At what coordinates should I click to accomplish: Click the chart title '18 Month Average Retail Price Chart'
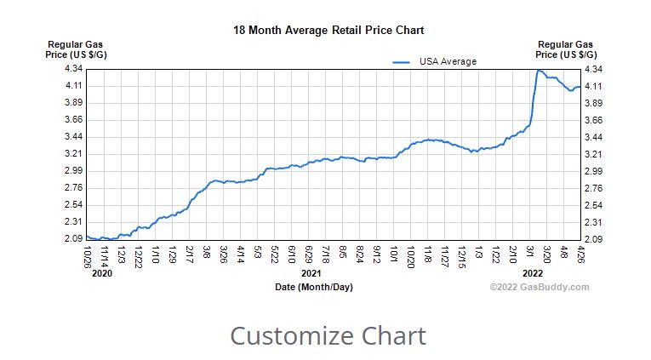[x=328, y=31]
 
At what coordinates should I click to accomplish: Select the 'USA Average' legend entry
[x=448, y=61]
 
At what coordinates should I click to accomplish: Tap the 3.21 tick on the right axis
[x=592, y=154]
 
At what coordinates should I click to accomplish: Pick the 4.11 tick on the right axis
[x=592, y=86]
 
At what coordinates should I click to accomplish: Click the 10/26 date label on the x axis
[x=88, y=254]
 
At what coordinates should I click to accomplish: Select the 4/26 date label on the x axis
[x=581, y=253]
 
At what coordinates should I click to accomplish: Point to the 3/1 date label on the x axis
[x=530, y=252]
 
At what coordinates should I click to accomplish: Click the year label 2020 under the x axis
[x=101, y=274]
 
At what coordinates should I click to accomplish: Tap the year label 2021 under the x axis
[x=311, y=274]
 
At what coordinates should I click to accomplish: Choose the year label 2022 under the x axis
[x=533, y=274]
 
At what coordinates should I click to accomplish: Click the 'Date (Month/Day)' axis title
[x=314, y=287]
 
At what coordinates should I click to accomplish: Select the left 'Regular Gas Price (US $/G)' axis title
[x=76, y=49]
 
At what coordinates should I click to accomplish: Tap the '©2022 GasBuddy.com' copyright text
[x=539, y=287]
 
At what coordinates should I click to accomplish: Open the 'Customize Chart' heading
[x=328, y=335]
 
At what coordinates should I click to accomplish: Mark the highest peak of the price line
[x=539, y=71]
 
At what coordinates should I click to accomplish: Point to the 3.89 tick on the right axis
[x=592, y=103]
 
